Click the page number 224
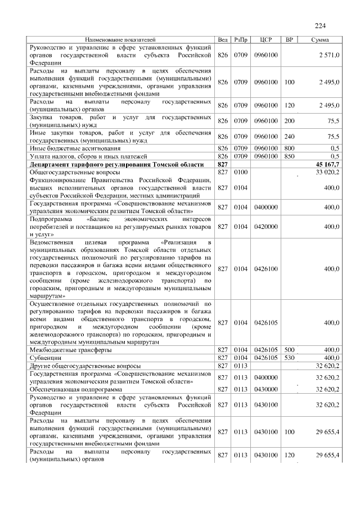(x=321, y=25)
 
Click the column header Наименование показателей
(x=120, y=40)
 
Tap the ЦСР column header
(x=266, y=40)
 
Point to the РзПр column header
(x=241, y=40)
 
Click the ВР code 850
(x=290, y=156)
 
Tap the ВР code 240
(x=290, y=136)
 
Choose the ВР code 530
(x=290, y=357)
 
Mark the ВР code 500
(x=290, y=349)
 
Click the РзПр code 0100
(x=241, y=172)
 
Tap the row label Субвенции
(x=46, y=357)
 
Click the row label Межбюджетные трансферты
(x=70, y=349)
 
